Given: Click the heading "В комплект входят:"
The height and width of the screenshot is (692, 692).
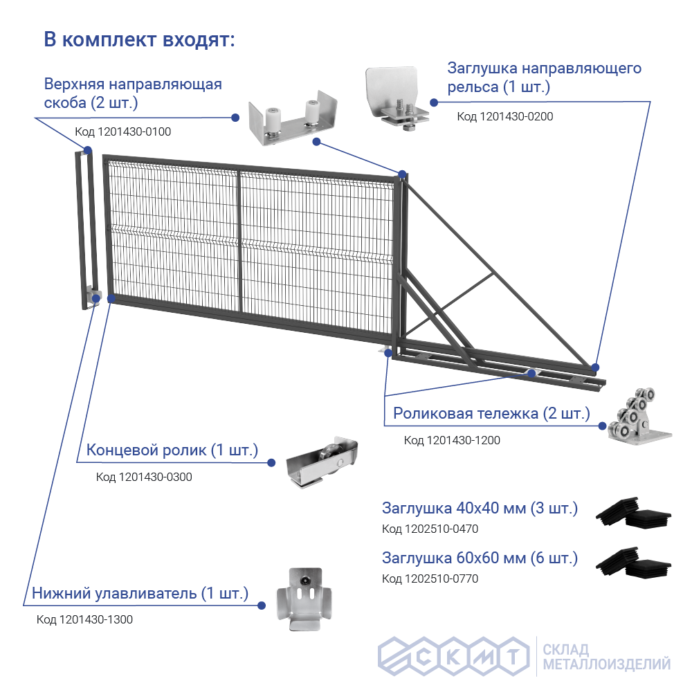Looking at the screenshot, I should click(x=140, y=39).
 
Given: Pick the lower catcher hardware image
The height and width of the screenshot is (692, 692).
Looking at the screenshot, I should click(x=299, y=598).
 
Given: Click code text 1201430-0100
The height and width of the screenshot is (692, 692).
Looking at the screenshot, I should click(x=122, y=131).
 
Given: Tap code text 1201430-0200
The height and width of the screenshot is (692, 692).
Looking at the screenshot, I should click(x=504, y=116).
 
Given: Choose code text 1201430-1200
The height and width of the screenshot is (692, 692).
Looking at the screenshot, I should click(x=452, y=440).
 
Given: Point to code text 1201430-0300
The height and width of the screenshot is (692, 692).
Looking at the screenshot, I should click(x=144, y=477).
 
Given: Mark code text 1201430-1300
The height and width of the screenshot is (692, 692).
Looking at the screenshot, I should click(x=84, y=619).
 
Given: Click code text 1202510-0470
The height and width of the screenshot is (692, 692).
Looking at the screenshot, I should click(x=430, y=529).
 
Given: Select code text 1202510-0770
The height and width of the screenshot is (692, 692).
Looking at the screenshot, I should click(x=430, y=579).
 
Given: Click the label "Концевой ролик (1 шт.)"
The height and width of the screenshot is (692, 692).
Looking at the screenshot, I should click(x=172, y=450).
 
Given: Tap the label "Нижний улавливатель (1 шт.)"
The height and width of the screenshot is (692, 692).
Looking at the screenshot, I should click(x=140, y=594).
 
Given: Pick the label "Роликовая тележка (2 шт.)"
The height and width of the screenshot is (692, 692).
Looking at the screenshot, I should click(x=491, y=414).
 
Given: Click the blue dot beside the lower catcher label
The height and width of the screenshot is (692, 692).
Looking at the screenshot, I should click(x=262, y=605).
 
